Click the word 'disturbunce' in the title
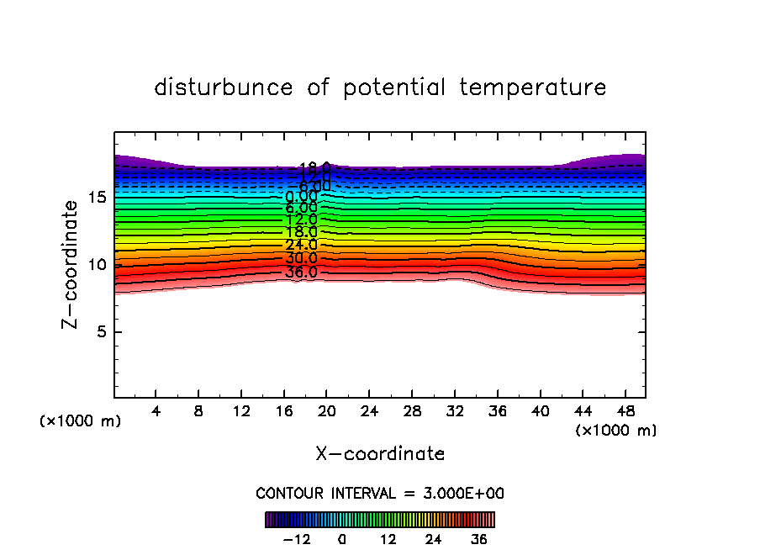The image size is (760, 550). point(224,87)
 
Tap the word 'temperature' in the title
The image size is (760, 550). point(533,87)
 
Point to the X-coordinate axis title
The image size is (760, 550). point(380,454)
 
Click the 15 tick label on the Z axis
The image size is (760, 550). point(98,198)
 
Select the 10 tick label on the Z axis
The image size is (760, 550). point(98,265)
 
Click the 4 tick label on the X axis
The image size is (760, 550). point(156,413)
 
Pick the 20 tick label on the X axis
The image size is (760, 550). point(326,413)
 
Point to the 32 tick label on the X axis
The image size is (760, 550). point(454,413)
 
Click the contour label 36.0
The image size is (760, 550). point(301,272)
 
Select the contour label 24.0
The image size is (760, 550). point(301,245)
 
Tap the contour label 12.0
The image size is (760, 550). point(301,219)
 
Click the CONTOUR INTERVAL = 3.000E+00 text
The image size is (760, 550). point(380,494)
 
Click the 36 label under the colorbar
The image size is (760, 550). point(479,539)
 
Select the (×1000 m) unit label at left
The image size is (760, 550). point(81,421)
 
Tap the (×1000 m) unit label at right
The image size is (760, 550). point(616,431)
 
